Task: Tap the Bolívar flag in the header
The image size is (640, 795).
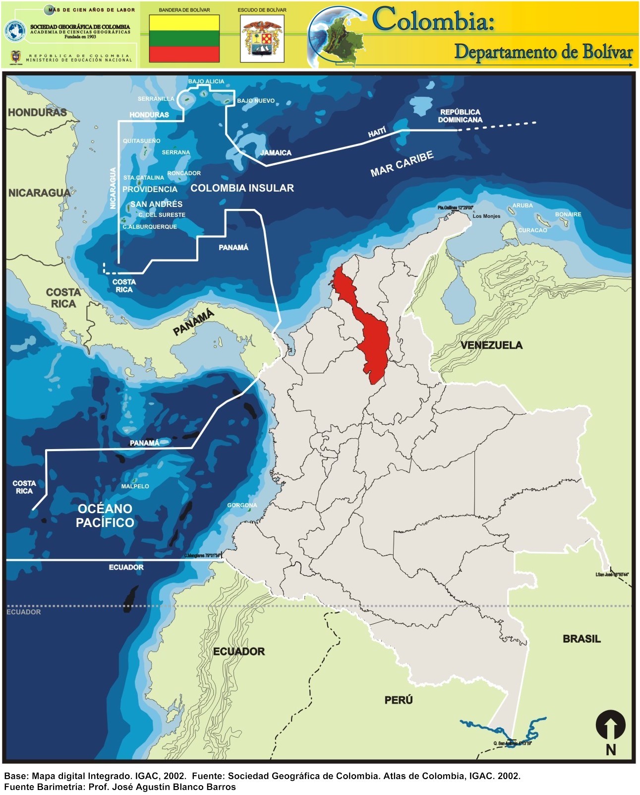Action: coord(184,39)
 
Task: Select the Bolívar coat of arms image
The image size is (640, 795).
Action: coord(262,39)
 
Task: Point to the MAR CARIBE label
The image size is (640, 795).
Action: coord(402,164)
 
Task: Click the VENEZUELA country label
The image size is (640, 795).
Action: coord(491,345)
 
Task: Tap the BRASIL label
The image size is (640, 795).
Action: coord(582,639)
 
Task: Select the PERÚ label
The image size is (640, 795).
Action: coord(399,700)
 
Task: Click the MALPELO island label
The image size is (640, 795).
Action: coord(135,486)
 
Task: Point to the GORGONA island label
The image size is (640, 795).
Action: coord(242,505)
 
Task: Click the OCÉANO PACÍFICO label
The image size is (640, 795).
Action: coord(105,516)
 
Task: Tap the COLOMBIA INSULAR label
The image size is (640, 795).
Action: coord(242,188)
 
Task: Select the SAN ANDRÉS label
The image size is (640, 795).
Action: coord(156,204)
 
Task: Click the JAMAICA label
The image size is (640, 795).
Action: coord(276,153)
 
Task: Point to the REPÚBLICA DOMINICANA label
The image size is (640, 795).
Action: coord(460,116)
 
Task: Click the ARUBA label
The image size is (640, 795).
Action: coord(523,205)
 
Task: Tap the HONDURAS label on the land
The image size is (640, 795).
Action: coord(37,113)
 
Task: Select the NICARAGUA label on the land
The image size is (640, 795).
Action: coord(39,193)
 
